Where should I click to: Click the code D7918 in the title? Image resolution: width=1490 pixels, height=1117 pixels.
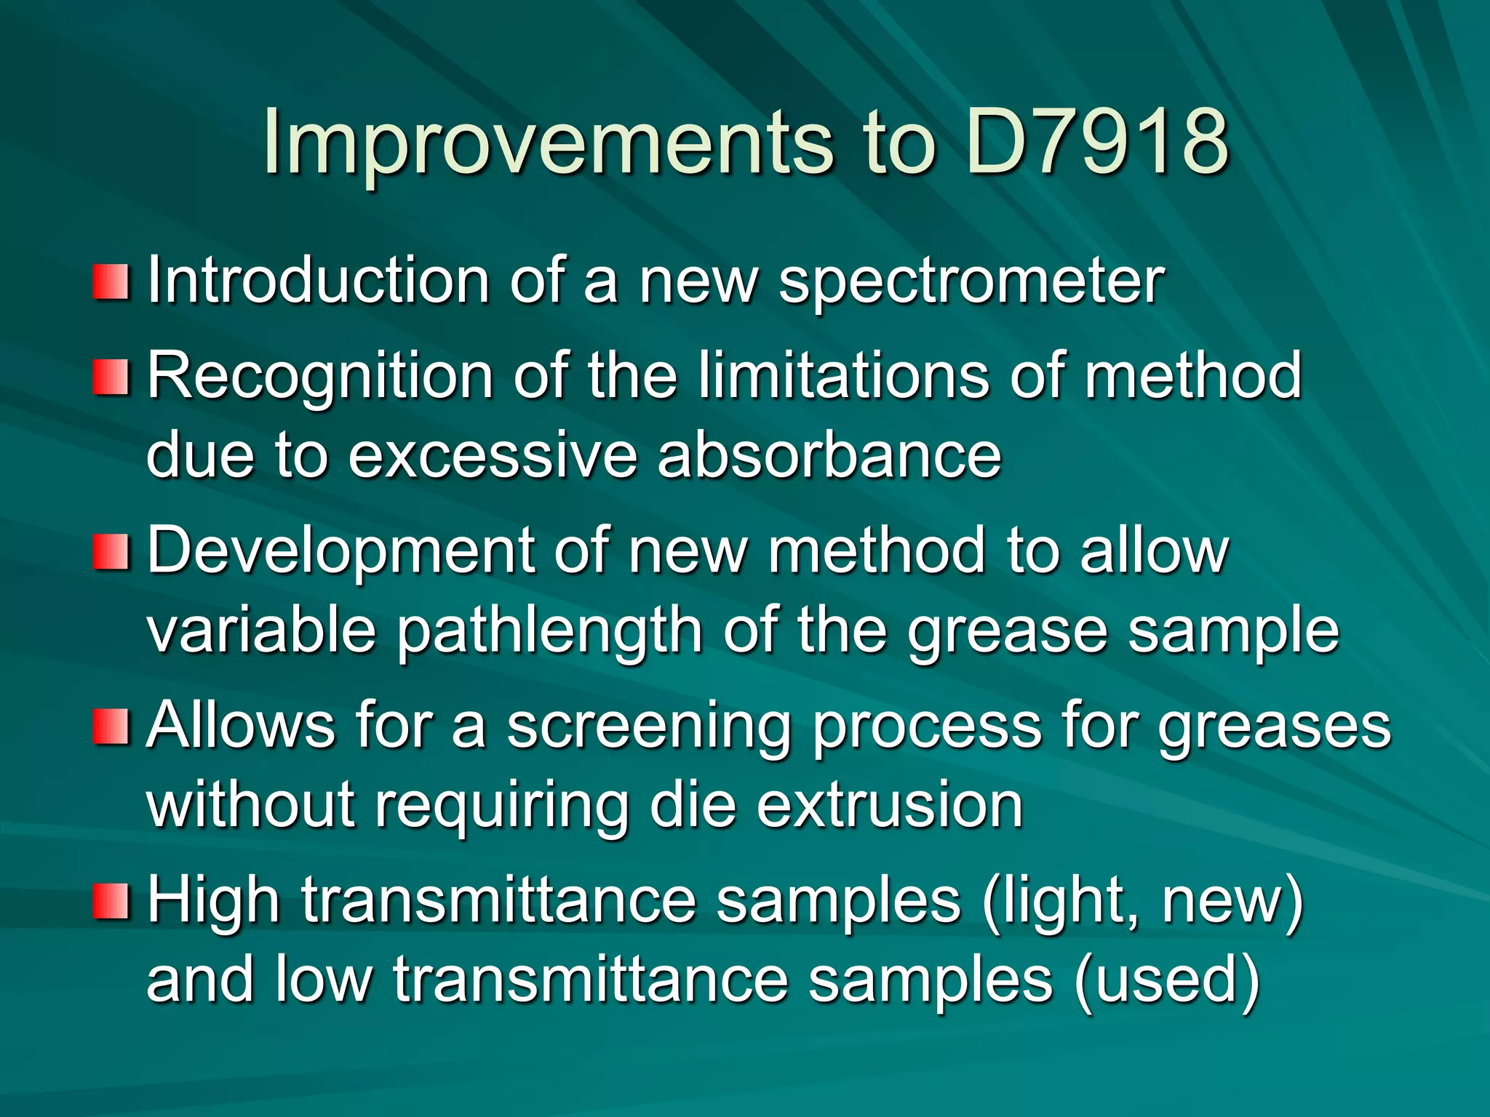point(1098,142)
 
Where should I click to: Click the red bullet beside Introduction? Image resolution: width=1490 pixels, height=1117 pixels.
point(111,282)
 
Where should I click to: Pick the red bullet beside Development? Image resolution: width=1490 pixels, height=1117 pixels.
point(111,551)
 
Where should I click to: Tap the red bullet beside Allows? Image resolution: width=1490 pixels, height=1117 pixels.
point(111,726)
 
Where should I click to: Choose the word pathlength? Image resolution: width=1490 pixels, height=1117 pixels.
point(549,631)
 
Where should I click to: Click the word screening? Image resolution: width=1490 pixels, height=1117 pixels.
point(649,727)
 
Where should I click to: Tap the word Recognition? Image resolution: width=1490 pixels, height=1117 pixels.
point(321,377)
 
